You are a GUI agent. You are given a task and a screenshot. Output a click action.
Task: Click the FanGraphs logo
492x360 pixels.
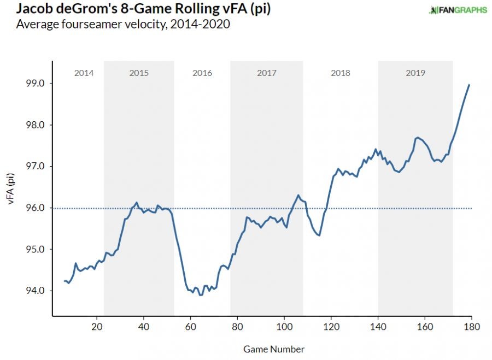pyautogui.click(x=458, y=10)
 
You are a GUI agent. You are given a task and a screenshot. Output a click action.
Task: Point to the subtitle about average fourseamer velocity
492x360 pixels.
pyautogui.click(x=123, y=25)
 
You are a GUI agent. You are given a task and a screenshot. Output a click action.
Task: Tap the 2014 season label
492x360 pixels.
pyautogui.click(x=84, y=73)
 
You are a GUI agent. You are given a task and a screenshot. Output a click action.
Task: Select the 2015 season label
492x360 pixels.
pyautogui.click(x=139, y=73)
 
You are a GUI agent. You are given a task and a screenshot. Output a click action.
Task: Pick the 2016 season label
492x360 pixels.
pyautogui.click(x=202, y=73)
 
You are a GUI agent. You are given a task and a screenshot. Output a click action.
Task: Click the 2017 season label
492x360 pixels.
pyautogui.click(x=266, y=73)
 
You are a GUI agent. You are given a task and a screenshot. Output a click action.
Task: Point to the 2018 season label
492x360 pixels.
pyautogui.click(x=341, y=73)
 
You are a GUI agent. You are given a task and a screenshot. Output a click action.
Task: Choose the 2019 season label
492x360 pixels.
pyautogui.click(x=415, y=73)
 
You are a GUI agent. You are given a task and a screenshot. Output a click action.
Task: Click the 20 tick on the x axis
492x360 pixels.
pyautogui.click(x=97, y=327)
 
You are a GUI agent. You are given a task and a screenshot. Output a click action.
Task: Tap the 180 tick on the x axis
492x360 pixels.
pyautogui.click(x=471, y=327)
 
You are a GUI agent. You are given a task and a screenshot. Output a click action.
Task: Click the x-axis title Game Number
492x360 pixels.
pyautogui.click(x=274, y=349)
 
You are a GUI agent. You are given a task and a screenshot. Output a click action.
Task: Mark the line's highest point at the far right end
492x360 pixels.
pyautogui.click(x=470, y=85)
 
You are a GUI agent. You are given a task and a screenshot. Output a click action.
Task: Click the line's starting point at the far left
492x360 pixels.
pyautogui.click(x=65, y=281)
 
